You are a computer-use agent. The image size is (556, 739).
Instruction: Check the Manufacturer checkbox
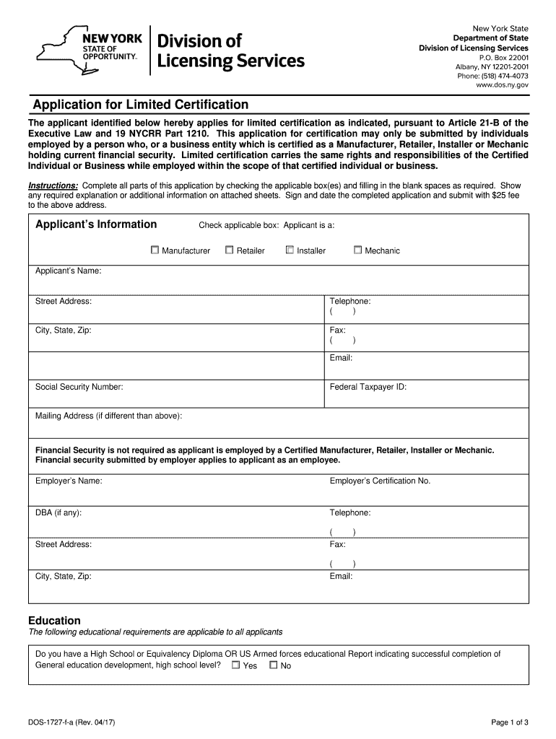coord(155,250)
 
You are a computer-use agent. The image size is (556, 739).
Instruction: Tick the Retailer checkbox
coord(229,250)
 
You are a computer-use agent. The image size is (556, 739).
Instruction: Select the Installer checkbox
coord(290,250)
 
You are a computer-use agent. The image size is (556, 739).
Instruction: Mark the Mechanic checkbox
coord(357,250)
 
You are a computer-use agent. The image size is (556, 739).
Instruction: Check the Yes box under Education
coord(235,665)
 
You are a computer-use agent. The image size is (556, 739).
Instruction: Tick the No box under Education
coord(273,665)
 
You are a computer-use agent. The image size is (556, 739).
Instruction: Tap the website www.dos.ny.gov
coord(502,85)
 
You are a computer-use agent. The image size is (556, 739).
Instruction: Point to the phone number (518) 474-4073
coord(492,76)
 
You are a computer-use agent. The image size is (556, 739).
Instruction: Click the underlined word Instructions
coord(53,185)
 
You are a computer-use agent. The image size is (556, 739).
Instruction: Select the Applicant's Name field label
coord(68,271)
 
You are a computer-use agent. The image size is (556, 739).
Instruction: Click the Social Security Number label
coord(79,387)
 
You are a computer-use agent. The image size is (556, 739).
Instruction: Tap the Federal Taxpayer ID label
coord(368,387)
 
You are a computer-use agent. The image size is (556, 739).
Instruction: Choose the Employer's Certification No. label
coord(380,481)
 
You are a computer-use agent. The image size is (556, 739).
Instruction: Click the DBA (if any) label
coord(58,512)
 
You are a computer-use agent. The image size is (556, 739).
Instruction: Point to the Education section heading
coord(54,621)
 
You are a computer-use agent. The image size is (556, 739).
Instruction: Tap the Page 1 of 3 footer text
coord(510,722)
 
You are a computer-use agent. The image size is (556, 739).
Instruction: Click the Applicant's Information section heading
coord(96,224)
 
